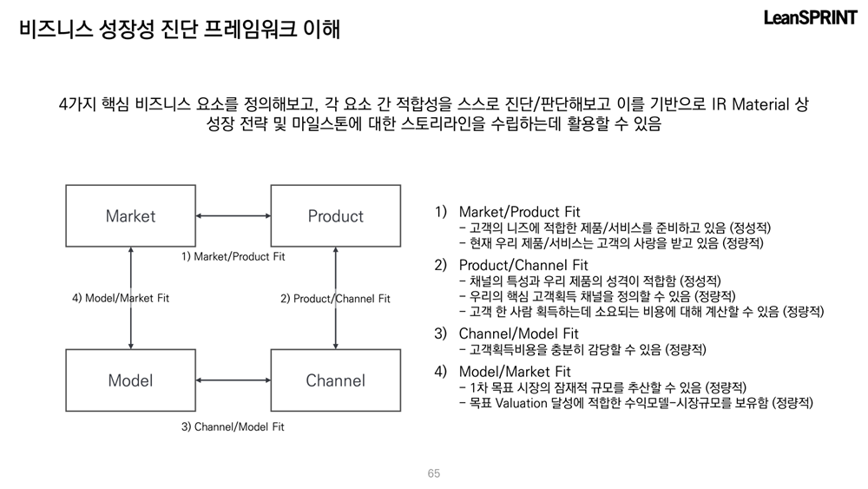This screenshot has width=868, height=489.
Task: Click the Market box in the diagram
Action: [130, 215]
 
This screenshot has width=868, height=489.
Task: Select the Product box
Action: [335, 215]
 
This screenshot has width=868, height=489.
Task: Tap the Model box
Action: [130, 380]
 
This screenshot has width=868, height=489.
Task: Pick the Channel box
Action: [335, 380]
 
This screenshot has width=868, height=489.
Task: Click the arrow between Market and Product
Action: [233, 215]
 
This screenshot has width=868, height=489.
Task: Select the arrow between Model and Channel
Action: [233, 380]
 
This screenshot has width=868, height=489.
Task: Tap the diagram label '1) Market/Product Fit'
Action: [233, 257]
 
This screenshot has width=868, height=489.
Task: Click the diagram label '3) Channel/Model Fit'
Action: [233, 426]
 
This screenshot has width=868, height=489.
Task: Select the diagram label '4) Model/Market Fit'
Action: [121, 298]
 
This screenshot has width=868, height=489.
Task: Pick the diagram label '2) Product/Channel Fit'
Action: [335, 299]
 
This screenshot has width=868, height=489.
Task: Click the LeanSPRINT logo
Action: [810, 18]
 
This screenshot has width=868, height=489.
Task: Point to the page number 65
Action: [434, 473]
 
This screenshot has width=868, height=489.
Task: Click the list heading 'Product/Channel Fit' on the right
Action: [523, 265]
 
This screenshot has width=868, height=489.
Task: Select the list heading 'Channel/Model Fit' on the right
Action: [518, 334]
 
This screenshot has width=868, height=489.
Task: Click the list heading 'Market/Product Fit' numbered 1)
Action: [519, 212]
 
